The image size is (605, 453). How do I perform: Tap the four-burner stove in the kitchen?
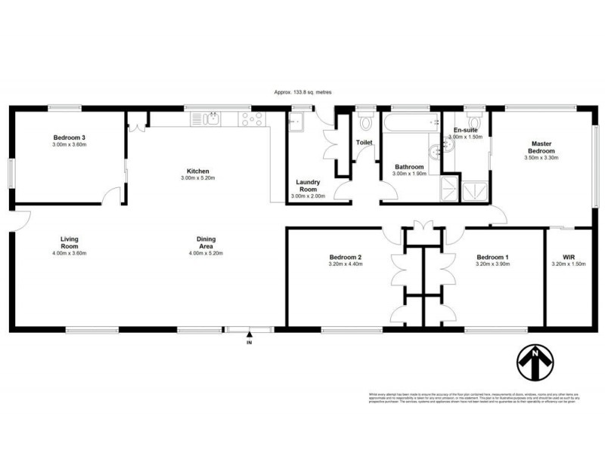(250, 119)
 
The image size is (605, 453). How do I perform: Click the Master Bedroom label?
(541, 147)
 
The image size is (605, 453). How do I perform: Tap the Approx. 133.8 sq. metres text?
(302, 92)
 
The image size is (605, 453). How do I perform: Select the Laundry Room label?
(308, 186)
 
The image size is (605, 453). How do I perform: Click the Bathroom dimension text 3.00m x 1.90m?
(411, 174)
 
